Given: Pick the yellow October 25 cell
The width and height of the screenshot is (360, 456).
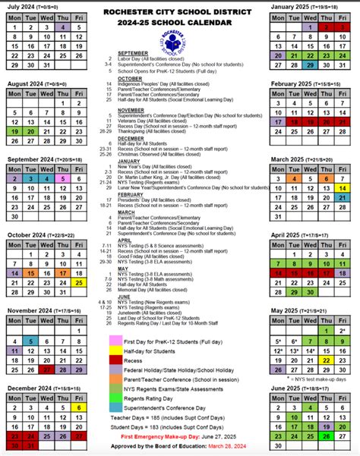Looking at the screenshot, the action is coord(80,281).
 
